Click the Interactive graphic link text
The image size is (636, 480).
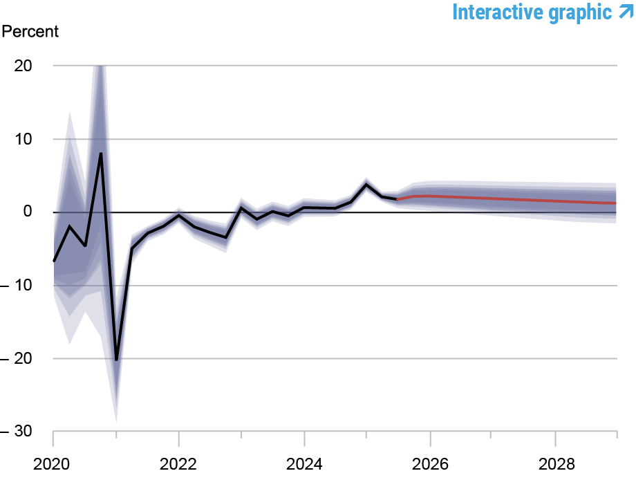532,12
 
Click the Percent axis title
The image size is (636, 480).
31,32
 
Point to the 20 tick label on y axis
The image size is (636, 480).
24,66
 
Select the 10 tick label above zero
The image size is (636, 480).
24,139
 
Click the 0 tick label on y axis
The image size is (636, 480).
29,212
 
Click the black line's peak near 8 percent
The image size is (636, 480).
101,154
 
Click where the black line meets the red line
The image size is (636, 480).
397,199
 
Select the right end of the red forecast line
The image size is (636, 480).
616,203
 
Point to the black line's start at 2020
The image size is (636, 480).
54,261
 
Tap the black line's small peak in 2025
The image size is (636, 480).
366,185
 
